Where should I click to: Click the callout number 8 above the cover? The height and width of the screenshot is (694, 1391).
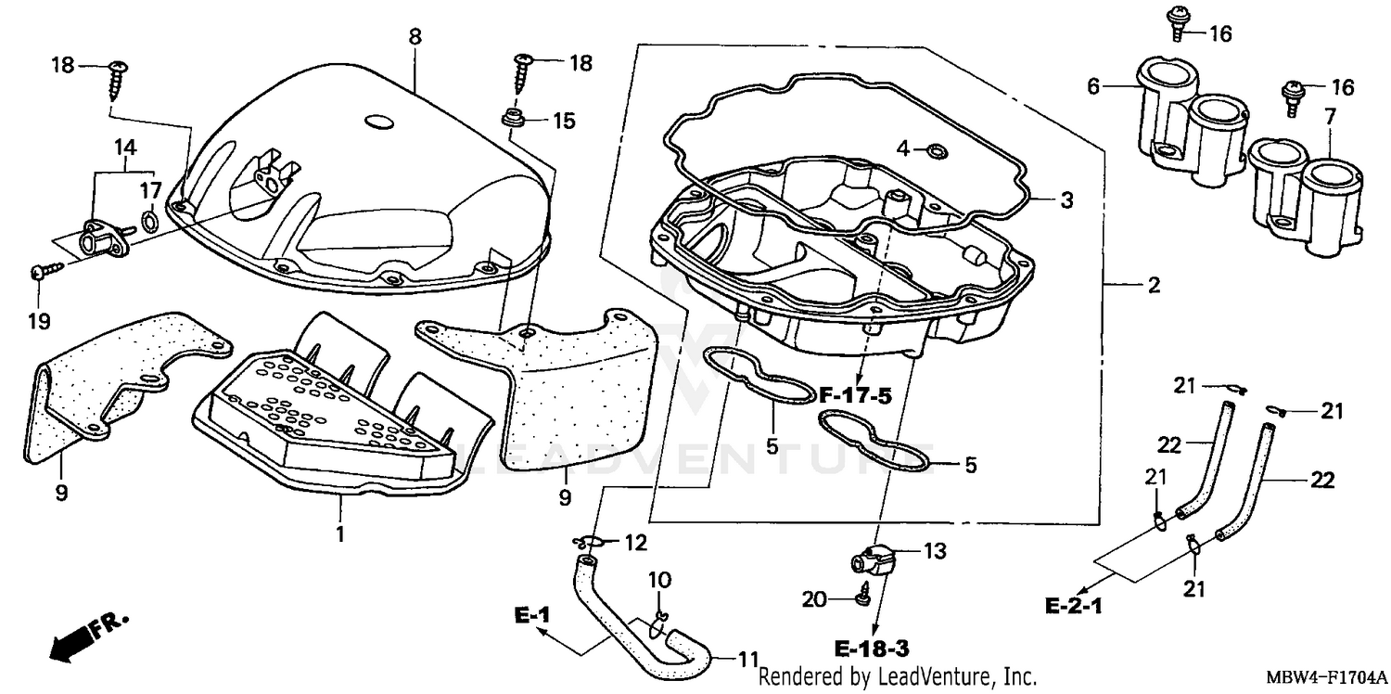(415, 36)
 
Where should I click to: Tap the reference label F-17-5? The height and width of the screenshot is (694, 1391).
(854, 396)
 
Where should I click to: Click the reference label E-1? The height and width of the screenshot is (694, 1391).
(533, 614)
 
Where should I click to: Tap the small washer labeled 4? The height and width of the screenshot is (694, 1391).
(938, 149)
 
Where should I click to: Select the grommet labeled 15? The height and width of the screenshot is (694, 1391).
(510, 119)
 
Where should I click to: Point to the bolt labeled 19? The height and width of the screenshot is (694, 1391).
(43, 271)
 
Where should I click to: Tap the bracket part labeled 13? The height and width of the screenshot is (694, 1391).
(874, 559)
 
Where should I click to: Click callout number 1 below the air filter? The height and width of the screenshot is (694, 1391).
(339, 534)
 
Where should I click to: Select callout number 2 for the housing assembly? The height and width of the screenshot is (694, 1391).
(1153, 286)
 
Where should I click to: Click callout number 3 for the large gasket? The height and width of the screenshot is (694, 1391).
(1067, 199)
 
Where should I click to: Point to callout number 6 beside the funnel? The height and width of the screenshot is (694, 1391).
(1093, 86)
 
